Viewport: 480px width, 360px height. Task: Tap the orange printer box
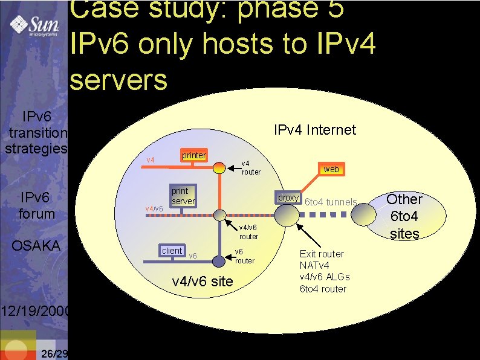coord(193,155)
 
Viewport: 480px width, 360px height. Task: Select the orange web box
coord(331,169)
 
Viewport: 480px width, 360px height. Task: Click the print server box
coord(182,195)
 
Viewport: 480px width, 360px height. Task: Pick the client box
coord(172,251)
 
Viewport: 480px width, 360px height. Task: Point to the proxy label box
coord(288,198)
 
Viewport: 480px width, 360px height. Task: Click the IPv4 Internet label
coord(314,130)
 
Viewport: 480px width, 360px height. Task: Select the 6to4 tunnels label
coord(331,202)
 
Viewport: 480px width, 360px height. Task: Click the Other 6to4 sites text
coord(404,216)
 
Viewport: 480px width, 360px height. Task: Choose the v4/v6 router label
coord(248,232)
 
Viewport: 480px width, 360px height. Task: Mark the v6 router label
coord(244,256)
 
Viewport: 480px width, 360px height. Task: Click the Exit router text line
coord(322,254)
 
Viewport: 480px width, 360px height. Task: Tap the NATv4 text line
coord(315,265)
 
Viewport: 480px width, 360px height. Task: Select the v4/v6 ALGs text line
coord(325,277)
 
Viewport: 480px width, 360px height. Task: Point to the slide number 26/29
coord(53,353)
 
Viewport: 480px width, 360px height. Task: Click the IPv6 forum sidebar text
coord(37,205)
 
